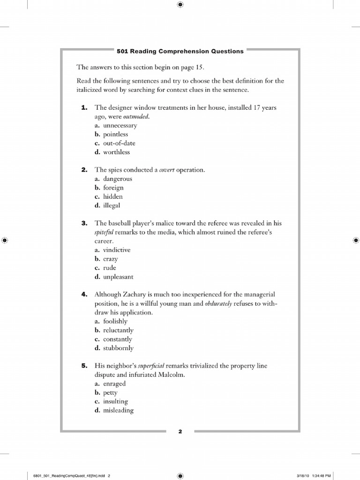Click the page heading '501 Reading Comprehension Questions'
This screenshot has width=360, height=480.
(180, 51)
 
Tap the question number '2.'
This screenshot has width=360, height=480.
(84, 170)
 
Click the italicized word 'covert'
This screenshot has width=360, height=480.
(167, 170)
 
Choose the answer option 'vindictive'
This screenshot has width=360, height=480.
(117, 250)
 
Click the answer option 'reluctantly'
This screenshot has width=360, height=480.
(118, 330)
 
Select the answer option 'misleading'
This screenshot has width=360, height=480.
(118, 410)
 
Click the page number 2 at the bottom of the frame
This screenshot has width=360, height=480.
(180, 432)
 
